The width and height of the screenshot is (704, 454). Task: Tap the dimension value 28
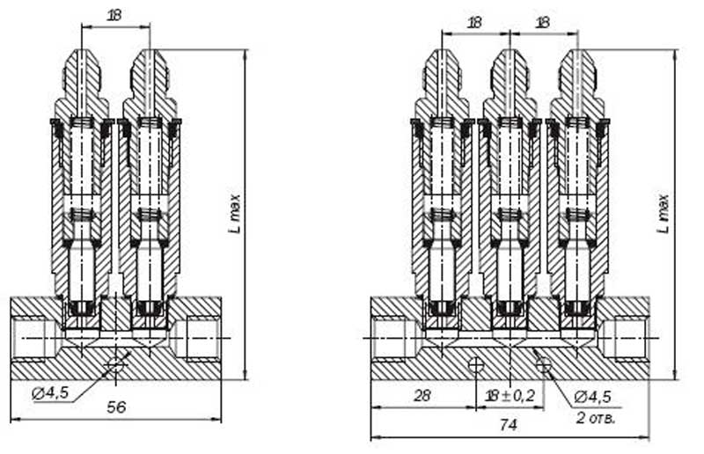[x=422, y=396]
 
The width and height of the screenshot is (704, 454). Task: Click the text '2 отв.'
[x=597, y=416]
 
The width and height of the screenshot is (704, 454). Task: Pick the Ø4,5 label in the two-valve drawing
[x=51, y=393]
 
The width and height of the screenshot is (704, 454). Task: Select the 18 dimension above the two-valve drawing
[x=114, y=16]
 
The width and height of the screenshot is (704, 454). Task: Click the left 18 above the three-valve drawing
[x=475, y=23]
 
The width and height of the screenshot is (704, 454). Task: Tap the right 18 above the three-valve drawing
[x=543, y=23]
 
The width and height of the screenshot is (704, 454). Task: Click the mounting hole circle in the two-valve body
[x=115, y=363]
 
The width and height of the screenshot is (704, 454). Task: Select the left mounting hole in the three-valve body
[x=476, y=363]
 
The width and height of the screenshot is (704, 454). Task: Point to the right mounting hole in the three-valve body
[x=543, y=363]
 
